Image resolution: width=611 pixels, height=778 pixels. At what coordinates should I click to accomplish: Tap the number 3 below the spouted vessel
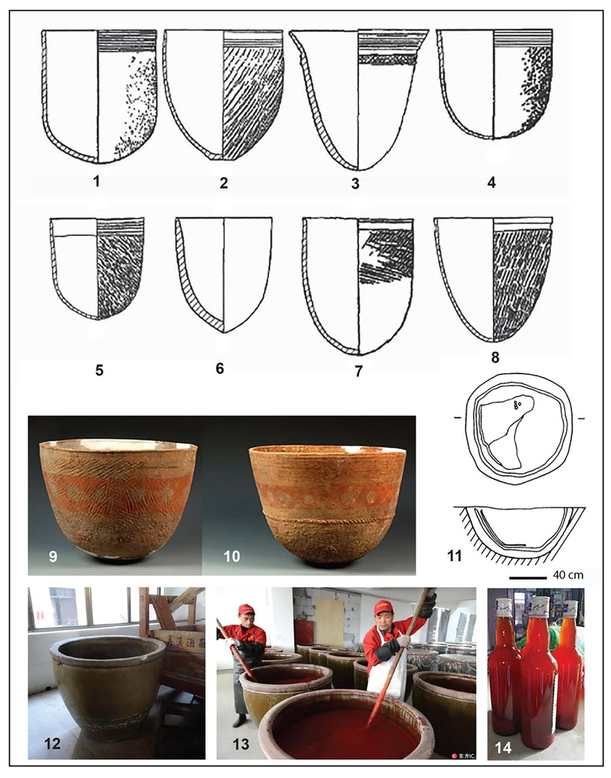pyautogui.click(x=355, y=184)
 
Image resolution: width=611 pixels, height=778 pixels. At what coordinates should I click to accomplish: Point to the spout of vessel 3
pyautogui.click(x=295, y=37)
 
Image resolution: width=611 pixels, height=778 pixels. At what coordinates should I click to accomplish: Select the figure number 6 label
pyautogui.click(x=220, y=369)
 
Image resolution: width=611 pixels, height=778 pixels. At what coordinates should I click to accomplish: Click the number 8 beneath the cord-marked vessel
pyautogui.click(x=495, y=359)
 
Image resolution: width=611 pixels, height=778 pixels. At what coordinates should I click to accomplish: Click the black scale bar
pyautogui.click(x=527, y=578)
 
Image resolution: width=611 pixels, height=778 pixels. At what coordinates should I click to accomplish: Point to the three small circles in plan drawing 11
pyautogui.click(x=517, y=405)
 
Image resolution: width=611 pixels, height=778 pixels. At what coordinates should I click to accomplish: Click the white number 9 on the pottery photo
pyautogui.click(x=53, y=557)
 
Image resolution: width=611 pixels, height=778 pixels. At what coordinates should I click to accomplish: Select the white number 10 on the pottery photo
pyautogui.click(x=232, y=557)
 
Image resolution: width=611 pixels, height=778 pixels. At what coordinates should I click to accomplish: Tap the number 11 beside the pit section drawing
pyautogui.click(x=455, y=557)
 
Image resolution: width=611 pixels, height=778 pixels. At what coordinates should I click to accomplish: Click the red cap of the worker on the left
pyautogui.click(x=245, y=609)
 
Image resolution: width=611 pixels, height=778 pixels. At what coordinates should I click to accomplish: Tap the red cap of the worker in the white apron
pyautogui.click(x=383, y=607)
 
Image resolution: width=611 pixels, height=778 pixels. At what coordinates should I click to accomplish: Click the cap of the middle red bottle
pyautogui.click(x=541, y=606)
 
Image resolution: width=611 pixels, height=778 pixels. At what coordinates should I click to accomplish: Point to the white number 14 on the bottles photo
pyautogui.click(x=503, y=746)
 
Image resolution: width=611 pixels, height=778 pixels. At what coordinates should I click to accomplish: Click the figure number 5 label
pyautogui.click(x=99, y=371)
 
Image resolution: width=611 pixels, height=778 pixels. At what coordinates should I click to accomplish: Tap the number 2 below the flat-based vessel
pyautogui.click(x=223, y=183)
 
